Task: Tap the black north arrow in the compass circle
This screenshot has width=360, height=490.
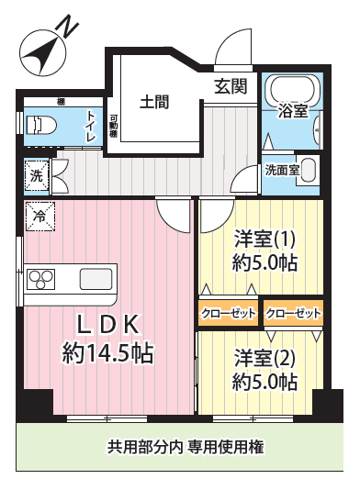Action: [x=42, y=54]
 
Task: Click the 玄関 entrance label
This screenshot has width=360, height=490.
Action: [x=231, y=86]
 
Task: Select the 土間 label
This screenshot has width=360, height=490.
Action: [x=154, y=102]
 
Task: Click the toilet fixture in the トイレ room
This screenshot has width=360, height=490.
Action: [x=41, y=126]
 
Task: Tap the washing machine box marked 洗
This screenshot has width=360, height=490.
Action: [x=37, y=175]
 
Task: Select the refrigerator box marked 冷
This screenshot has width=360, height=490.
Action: [x=40, y=217]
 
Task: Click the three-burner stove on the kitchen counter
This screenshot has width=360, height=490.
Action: [x=41, y=279]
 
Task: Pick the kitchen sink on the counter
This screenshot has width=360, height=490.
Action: [x=96, y=279]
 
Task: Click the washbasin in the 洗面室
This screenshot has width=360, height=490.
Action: [x=308, y=171]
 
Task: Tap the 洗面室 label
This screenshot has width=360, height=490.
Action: [x=282, y=171]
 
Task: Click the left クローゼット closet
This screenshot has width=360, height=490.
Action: [x=229, y=313]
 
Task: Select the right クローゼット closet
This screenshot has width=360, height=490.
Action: [x=293, y=313]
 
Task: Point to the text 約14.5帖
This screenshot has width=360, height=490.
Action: [x=107, y=353]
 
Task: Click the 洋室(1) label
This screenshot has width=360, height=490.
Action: [x=264, y=239]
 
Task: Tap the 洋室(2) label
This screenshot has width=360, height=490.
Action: [x=264, y=359]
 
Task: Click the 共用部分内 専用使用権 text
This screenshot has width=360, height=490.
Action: [x=186, y=447]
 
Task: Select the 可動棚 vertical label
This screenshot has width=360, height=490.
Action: [x=113, y=127]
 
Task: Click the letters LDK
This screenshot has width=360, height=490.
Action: [x=107, y=325]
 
